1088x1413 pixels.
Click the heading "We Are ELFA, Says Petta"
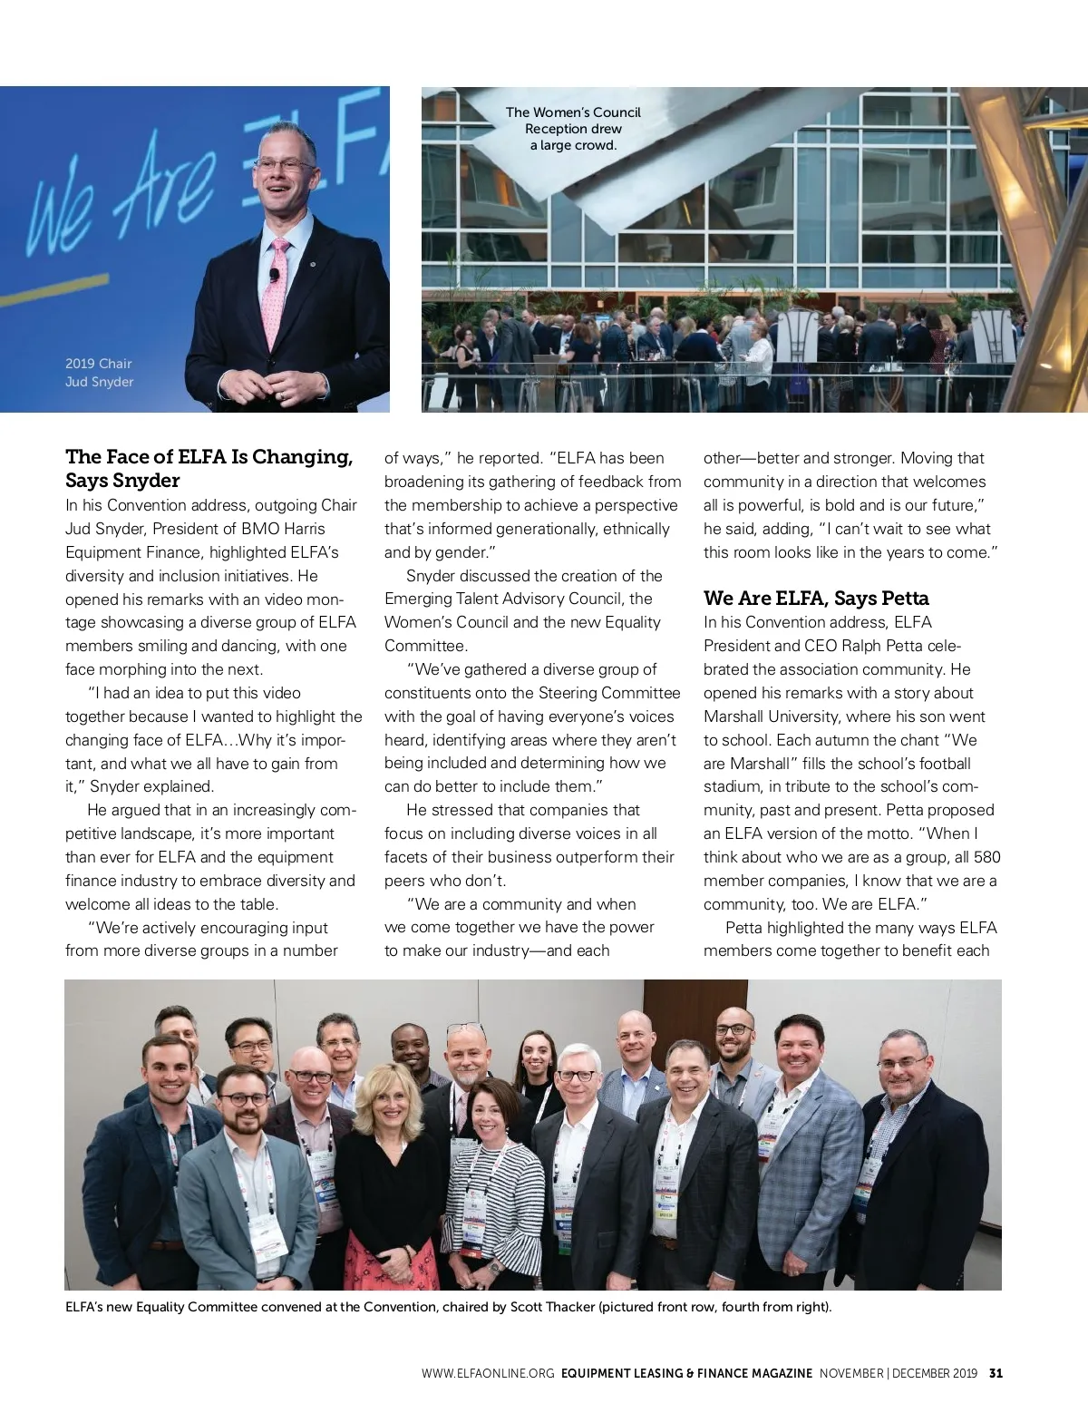pyautogui.click(x=816, y=599)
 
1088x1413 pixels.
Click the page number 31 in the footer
pyautogui.click(x=996, y=1373)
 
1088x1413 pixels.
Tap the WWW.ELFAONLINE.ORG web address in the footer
pyautogui.click(x=487, y=1373)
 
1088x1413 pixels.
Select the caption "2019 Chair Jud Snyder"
pyautogui.click(x=99, y=373)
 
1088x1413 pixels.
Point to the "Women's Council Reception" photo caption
pyautogui.click(x=573, y=129)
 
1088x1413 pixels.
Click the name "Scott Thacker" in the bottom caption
pyautogui.click(x=552, y=1307)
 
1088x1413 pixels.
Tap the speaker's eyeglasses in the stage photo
pyautogui.click(x=284, y=165)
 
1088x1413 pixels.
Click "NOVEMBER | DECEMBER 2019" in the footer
pyautogui.click(x=898, y=1373)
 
